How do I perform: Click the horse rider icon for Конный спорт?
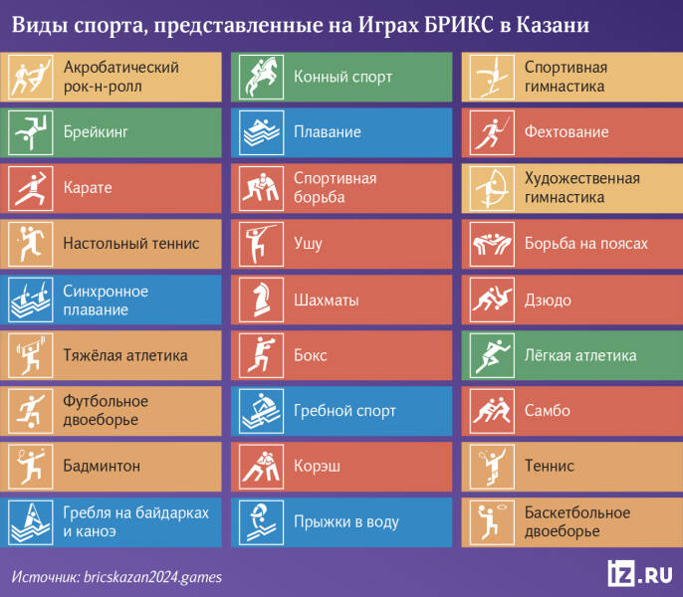259,77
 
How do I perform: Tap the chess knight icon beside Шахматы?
259,299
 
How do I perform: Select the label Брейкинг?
96,132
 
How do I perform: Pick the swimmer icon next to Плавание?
259,132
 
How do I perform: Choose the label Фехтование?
566,132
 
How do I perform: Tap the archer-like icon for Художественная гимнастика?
490,188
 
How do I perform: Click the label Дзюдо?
548,299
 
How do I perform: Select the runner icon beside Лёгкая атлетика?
490,355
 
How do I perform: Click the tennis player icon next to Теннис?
490,467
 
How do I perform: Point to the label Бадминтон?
102,467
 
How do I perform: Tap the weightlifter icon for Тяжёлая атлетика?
28,355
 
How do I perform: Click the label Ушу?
308,244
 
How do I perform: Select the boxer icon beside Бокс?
259,355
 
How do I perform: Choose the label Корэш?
314,467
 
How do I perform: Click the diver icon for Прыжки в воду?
259,522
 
